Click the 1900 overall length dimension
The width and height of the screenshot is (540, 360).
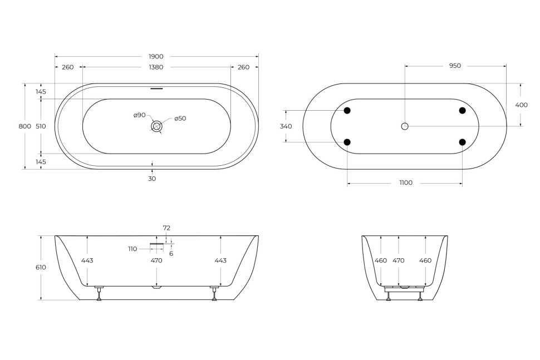point(156,56)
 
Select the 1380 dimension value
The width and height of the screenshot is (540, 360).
point(156,67)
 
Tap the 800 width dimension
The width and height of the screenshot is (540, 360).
point(25,126)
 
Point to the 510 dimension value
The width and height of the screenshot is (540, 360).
point(41,126)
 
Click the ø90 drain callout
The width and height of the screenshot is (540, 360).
point(139,115)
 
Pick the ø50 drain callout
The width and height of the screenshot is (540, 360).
point(180,119)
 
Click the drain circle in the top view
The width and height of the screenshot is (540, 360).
point(157,126)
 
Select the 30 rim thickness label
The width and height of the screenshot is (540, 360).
point(152,179)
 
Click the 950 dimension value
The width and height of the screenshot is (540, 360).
point(455,66)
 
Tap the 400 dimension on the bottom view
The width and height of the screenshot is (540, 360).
point(521,105)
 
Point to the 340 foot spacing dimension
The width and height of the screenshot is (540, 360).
point(286,126)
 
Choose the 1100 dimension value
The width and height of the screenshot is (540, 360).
point(406,183)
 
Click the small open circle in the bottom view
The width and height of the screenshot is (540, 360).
point(405,126)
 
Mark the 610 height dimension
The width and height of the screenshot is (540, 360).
point(41,267)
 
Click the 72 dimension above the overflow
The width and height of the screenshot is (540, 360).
point(166,228)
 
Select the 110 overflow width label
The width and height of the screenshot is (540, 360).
point(132,249)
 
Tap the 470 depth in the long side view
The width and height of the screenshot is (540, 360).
point(156,260)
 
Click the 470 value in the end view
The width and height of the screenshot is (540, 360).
point(399,260)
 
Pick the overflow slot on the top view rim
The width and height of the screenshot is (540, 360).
point(157,88)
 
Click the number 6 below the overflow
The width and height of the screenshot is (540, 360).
point(171,253)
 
